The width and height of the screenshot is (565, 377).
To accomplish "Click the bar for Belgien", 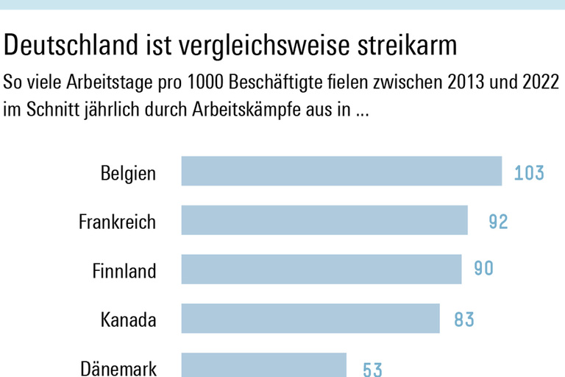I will [341, 171].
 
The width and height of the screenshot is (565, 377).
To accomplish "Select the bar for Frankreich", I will [324, 220].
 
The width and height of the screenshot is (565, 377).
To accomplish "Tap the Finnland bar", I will [321, 269].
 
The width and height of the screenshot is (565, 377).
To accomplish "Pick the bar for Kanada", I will [310, 319].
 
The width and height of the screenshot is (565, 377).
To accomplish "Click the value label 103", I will [529, 173].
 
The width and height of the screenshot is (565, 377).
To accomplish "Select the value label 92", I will [498, 221].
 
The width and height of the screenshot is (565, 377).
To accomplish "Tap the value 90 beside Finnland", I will [483, 269].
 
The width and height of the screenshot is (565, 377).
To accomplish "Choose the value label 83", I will [463, 320].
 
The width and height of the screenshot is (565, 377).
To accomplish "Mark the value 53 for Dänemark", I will [372, 368].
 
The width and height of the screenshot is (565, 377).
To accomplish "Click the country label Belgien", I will [128, 174].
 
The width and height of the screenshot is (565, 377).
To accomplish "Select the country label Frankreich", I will [118, 222].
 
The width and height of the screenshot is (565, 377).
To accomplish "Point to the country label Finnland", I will [124, 271].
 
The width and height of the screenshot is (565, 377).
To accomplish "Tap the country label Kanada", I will [128, 320].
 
